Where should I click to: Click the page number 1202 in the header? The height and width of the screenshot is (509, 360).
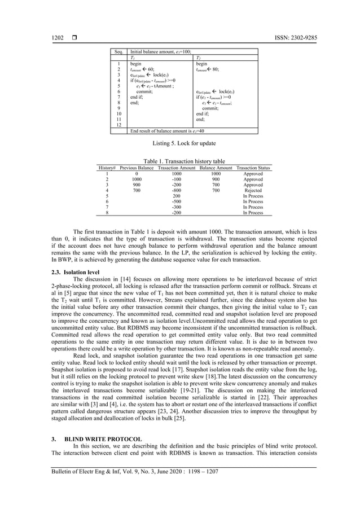(x=57, y=38)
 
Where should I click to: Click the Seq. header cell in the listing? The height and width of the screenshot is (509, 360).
(x=118, y=51)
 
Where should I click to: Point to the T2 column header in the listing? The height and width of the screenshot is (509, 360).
(x=197, y=58)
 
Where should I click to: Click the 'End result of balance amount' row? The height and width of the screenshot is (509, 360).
(x=164, y=131)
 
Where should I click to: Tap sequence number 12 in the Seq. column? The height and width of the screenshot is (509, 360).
(x=118, y=125)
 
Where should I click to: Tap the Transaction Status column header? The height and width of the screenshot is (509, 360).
(x=253, y=168)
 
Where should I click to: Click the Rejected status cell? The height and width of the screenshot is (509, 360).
(x=253, y=191)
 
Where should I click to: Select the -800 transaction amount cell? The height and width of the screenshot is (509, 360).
(x=177, y=191)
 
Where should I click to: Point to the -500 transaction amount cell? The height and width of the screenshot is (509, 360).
(x=177, y=201)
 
